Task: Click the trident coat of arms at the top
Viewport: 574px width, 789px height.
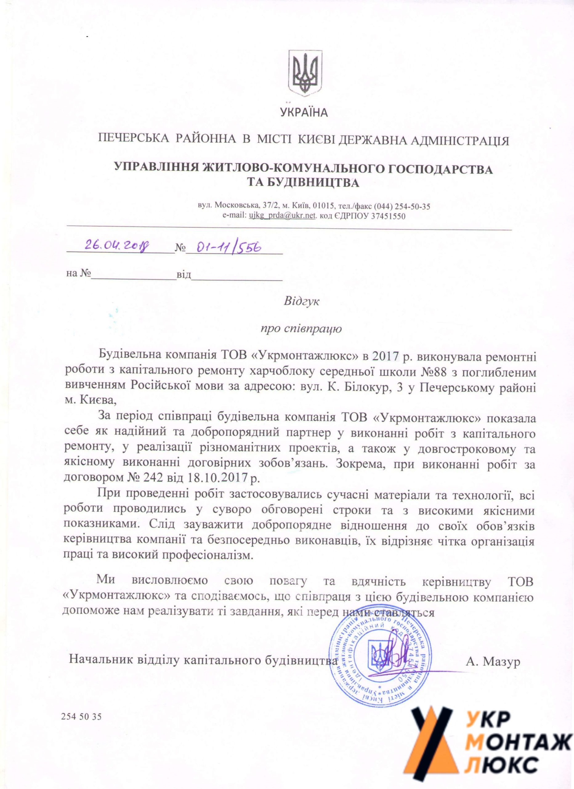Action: tap(305, 73)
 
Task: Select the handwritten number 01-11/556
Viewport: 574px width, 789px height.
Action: tap(229, 247)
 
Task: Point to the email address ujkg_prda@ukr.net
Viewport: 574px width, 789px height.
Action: tap(282, 216)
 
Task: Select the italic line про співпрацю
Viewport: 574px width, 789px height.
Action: tap(301, 328)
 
